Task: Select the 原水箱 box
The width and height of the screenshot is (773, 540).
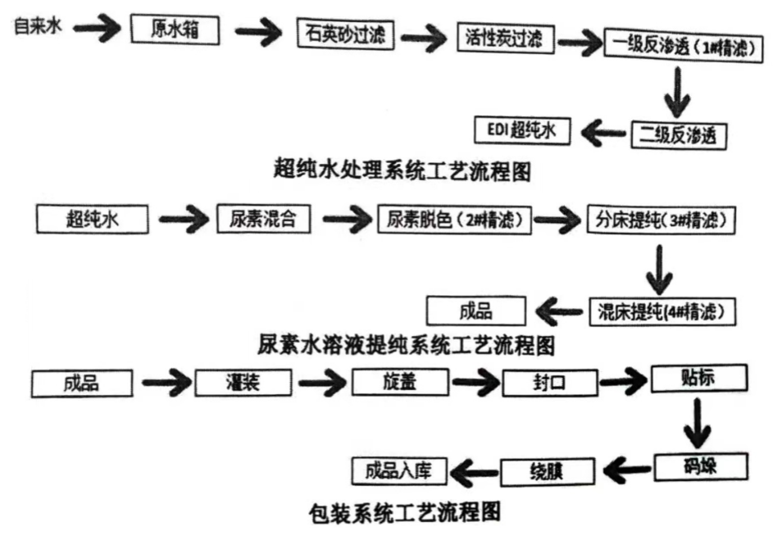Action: pyautogui.click(x=176, y=30)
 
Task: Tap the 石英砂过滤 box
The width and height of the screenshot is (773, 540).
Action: pyautogui.click(x=345, y=34)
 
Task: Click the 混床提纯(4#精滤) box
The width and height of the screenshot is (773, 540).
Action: pyautogui.click(x=662, y=311)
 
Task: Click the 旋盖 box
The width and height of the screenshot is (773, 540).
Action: pyautogui.click(x=401, y=382)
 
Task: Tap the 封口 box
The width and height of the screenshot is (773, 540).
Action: pyautogui.click(x=550, y=383)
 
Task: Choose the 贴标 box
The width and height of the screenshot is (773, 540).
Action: pyautogui.click(x=699, y=378)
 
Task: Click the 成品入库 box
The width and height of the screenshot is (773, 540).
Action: pyautogui.click(x=399, y=470)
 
